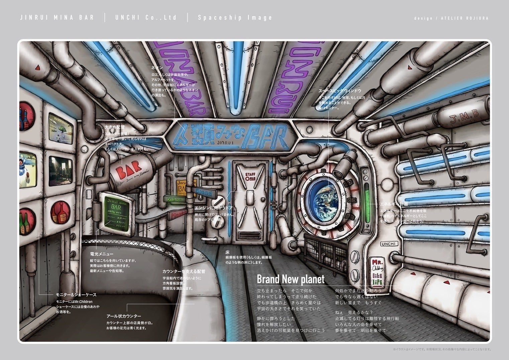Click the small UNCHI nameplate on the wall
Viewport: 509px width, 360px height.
389,244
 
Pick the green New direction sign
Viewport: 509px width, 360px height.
175,199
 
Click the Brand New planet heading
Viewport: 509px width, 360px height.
290,279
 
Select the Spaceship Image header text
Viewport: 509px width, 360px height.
235,18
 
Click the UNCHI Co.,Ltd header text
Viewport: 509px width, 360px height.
146,18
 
